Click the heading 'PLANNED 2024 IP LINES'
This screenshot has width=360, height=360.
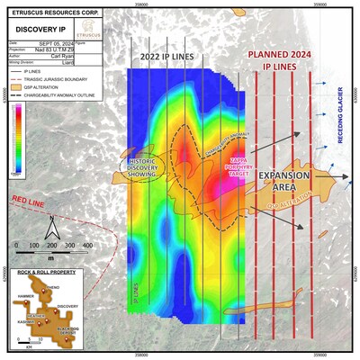(x=280, y=58)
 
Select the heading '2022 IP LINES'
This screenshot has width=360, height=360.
(x=167, y=56)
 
